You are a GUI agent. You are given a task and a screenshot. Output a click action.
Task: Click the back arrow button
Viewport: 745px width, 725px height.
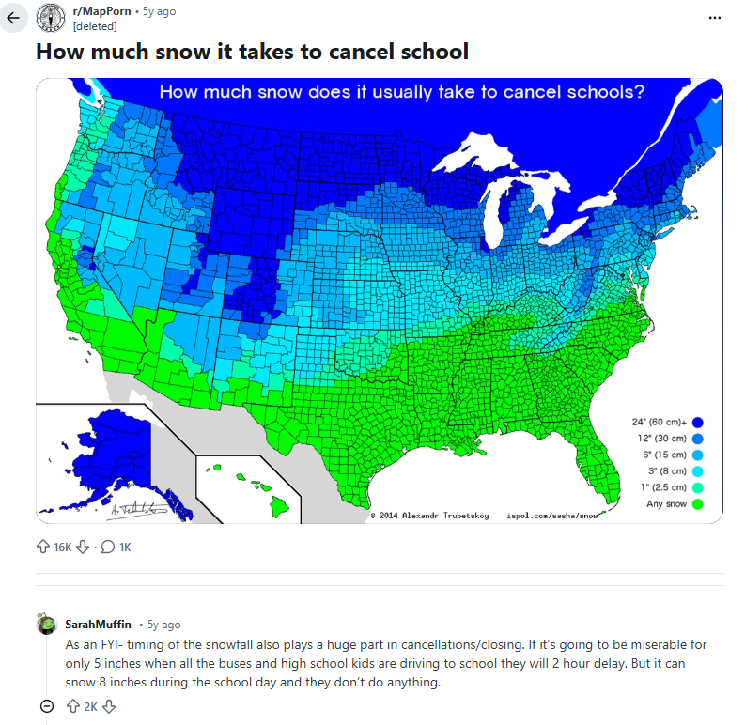click(13, 18)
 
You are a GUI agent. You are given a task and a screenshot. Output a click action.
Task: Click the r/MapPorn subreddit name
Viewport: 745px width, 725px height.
click(101, 11)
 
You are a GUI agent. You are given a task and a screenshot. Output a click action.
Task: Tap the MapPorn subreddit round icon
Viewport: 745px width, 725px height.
click(50, 18)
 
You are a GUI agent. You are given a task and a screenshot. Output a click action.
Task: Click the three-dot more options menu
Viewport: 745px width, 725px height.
click(716, 18)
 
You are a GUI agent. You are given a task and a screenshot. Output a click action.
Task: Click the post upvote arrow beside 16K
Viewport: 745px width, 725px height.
click(41, 547)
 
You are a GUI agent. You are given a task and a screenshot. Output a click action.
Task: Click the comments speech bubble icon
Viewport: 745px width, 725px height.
click(107, 547)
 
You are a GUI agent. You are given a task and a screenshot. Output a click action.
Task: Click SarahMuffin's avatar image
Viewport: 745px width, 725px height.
click(45, 624)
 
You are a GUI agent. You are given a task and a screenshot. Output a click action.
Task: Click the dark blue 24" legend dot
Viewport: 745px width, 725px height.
click(698, 422)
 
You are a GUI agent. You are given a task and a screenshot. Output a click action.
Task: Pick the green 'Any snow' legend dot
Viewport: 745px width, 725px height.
click(698, 504)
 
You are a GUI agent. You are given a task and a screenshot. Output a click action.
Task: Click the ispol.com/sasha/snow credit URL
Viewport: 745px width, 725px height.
click(552, 516)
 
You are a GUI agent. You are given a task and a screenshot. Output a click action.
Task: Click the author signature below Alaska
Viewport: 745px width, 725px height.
click(136, 508)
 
